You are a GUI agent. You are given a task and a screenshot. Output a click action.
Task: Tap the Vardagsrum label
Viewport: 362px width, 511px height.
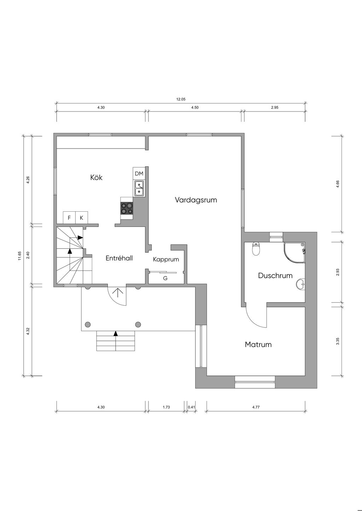point(196,200)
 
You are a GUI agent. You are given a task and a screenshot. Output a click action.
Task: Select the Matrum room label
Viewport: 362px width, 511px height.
point(258,344)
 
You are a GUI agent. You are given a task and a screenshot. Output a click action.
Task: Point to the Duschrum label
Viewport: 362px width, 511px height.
point(275,275)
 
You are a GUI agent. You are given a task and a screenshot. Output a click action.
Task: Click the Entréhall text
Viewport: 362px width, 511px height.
point(119,258)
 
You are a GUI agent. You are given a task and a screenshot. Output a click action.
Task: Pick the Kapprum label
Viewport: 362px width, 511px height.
point(166,259)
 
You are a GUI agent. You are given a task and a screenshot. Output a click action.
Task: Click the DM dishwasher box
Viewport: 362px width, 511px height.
point(139,174)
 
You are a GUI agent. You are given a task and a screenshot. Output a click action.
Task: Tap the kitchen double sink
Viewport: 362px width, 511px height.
point(139,188)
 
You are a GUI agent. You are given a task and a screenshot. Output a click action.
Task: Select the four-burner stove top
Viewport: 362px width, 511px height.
point(127,208)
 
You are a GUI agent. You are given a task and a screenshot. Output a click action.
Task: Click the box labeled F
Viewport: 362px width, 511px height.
point(69,218)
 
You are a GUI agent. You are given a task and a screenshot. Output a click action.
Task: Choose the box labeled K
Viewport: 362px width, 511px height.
point(82,218)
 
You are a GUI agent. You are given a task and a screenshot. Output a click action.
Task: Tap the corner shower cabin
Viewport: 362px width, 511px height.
point(294,253)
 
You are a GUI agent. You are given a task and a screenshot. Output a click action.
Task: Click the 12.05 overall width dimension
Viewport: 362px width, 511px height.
point(181,99)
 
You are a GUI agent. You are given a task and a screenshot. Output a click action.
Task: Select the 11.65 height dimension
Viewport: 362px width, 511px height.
point(20,255)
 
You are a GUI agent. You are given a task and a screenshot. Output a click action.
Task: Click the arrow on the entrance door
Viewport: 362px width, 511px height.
point(118,293)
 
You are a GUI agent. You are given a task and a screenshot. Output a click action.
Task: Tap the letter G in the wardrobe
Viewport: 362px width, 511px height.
point(165,278)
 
